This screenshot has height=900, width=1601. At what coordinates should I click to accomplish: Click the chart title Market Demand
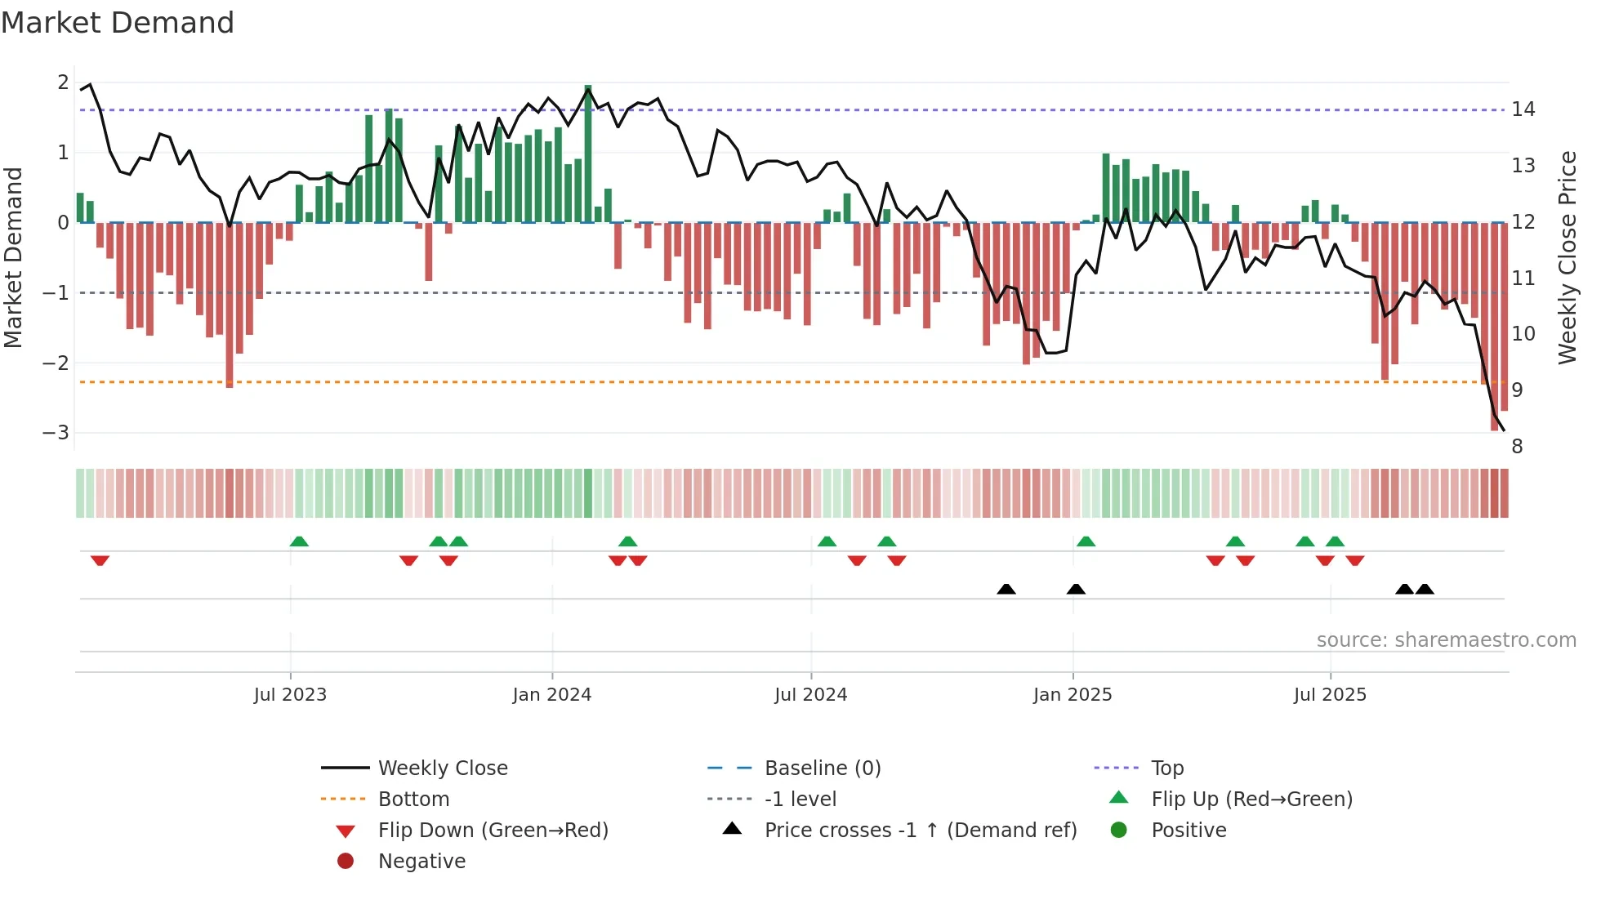[118, 23]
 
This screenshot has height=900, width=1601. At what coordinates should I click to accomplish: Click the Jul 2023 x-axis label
[290, 695]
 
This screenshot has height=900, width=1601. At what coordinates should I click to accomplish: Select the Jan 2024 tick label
[551, 695]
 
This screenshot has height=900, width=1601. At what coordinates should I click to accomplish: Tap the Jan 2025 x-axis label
[1072, 695]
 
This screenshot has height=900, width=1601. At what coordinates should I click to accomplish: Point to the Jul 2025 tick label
[1330, 695]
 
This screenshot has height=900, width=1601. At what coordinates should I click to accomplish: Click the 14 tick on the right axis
[1523, 109]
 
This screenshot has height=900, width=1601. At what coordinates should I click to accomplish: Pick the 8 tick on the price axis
[1517, 447]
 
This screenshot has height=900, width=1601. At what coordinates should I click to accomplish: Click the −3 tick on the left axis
[56, 433]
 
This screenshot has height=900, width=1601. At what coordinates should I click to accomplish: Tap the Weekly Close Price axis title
[1567, 257]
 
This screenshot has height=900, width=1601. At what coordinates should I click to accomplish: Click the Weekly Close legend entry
[442, 769]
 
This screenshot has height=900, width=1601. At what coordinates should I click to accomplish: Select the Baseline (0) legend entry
[822, 769]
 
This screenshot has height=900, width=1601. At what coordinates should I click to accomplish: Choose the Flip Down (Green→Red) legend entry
[493, 831]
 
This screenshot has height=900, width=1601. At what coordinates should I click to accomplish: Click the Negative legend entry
[421, 862]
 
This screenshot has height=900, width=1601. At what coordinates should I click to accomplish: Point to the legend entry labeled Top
[1166, 769]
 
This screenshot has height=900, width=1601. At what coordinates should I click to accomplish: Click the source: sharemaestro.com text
[1446, 640]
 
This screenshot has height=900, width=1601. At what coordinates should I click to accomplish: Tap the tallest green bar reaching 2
[588, 154]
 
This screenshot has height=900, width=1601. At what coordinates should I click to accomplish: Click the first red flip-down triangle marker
[100, 560]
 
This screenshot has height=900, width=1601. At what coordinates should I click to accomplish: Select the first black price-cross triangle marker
[1006, 589]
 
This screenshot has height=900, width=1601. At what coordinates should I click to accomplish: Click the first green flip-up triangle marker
[299, 541]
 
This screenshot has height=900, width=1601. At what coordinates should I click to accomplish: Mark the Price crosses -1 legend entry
[920, 831]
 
